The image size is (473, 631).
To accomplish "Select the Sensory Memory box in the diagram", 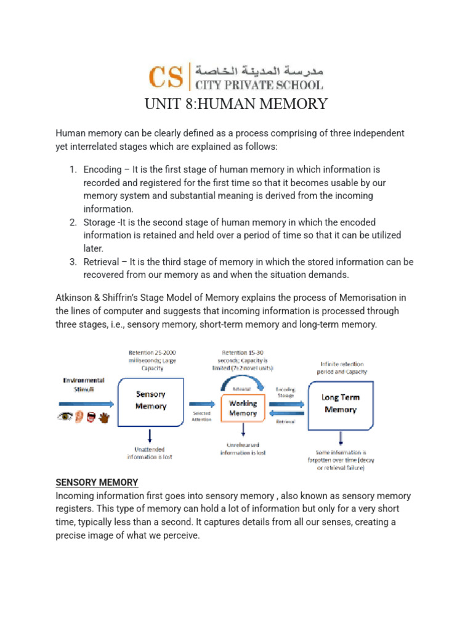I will tap(151, 401).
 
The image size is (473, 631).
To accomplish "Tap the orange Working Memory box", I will tap(243, 409).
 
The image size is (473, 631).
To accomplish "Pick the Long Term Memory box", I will tap(339, 404).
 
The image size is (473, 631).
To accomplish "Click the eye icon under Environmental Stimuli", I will tap(64, 418).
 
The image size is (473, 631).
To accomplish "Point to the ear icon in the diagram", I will tap(78, 418).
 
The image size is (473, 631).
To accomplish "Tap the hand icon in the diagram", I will tap(104, 418).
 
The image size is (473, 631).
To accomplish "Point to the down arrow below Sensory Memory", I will tap(150, 435).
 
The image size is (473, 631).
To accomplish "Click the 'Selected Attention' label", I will tap(201, 416).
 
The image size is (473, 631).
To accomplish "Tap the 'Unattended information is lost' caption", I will tap(150, 452).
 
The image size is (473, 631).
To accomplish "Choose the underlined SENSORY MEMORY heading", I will tap(97, 482).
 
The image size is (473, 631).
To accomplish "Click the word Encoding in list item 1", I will tap(103, 169).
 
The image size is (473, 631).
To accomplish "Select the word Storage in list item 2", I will tap(101, 222).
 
